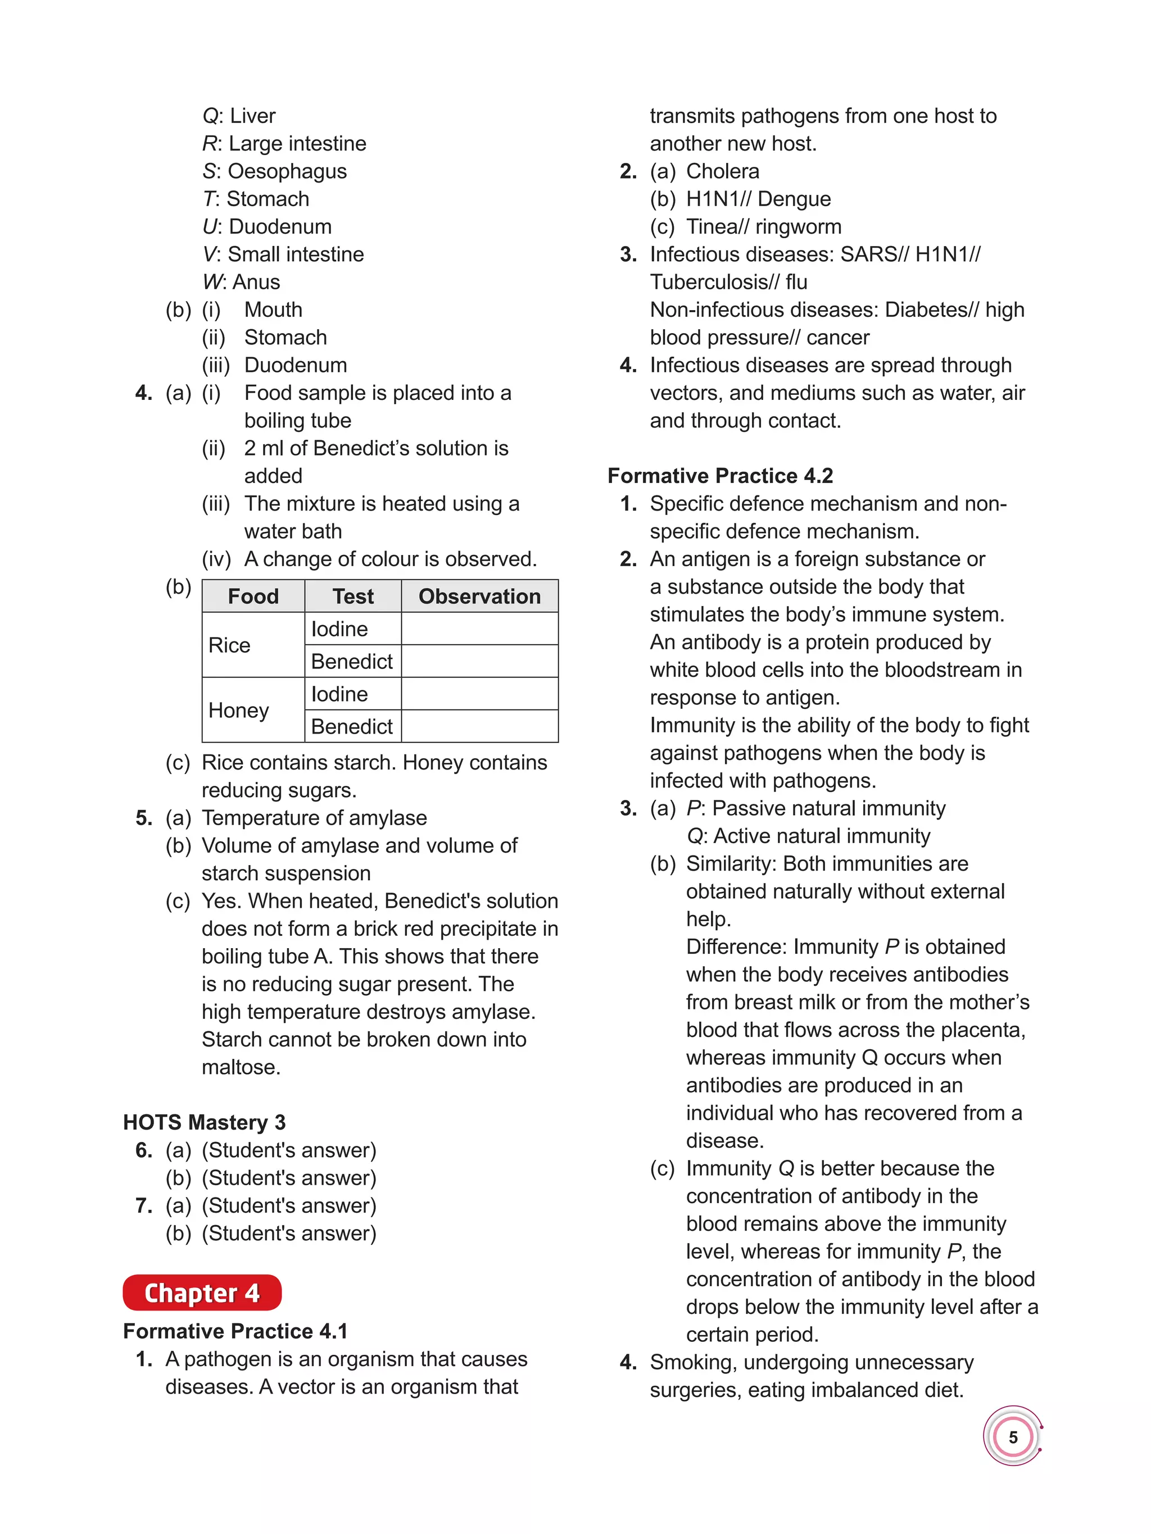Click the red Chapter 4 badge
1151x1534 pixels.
(202, 1292)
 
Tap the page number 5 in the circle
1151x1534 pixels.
(1012, 1437)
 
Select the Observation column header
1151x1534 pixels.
(479, 597)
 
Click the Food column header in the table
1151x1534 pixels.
(253, 597)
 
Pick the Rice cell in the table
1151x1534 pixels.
(230, 645)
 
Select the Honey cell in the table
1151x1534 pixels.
(239, 710)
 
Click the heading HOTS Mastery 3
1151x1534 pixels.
(204, 1123)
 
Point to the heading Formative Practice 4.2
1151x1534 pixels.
(720, 476)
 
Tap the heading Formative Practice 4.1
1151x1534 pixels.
(235, 1331)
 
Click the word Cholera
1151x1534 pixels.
(722, 171)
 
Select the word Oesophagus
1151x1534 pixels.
(287, 171)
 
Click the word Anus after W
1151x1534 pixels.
(256, 282)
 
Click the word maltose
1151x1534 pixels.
(240, 1067)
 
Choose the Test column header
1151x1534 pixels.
(352, 597)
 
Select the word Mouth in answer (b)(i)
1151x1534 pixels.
(273, 310)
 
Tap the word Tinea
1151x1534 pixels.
(712, 227)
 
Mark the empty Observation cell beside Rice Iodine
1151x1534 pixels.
(479, 629)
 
